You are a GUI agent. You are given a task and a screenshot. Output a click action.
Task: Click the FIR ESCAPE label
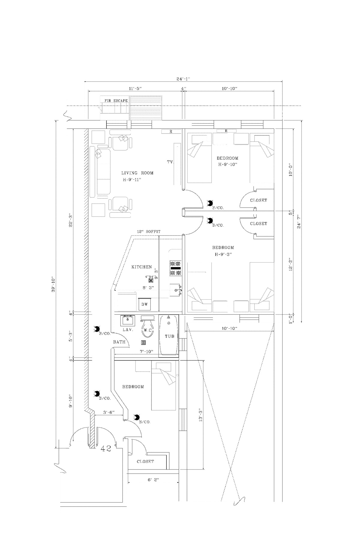pyautogui.click(x=116, y=100)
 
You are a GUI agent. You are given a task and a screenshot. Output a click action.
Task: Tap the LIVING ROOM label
pyautogui.click(x=137, y=173)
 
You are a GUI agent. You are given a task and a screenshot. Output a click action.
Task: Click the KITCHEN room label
pyautogui.click(x=142, y=267)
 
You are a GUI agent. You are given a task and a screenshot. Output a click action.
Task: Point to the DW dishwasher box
pyautogui.click(x=145, y=304)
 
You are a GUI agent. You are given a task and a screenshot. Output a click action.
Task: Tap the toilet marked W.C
pyautogui.click(x=147, y=328)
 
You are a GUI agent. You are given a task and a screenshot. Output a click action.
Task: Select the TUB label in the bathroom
pyautogui.click(x=169, y=336)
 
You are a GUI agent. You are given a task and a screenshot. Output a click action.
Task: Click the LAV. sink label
pyautogui.click(x=127, y=329)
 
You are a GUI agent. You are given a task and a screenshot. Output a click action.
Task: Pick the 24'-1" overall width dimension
pyautogui.click(x=183, y=79)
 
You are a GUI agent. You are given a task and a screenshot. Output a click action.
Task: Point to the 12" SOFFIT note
pyautogui.click(x=148, y=232)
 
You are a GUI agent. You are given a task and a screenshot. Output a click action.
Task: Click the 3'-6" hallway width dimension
pyautogui.click(x=109, y=412)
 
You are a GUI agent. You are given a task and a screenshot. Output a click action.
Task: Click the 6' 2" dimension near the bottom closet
pyautogui.click(x=153, y=480)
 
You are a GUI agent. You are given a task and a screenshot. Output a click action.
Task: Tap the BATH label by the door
pyautogui.click(x=119, y=342)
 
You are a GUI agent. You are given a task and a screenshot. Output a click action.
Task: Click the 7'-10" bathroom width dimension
pyautogui.click(x=147, y=352)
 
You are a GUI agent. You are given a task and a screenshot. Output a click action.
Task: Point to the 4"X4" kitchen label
pyautogui.click(x=150, y=277)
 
